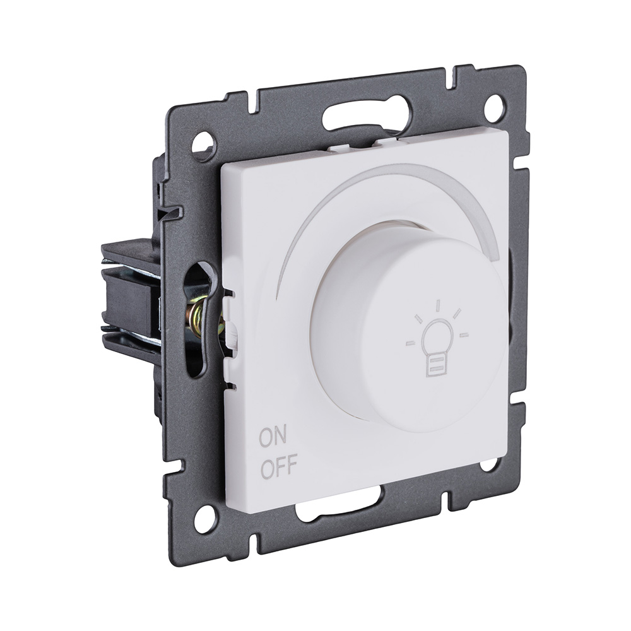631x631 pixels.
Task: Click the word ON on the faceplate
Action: pos(273,437)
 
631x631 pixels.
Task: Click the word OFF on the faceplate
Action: pos(278,466)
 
